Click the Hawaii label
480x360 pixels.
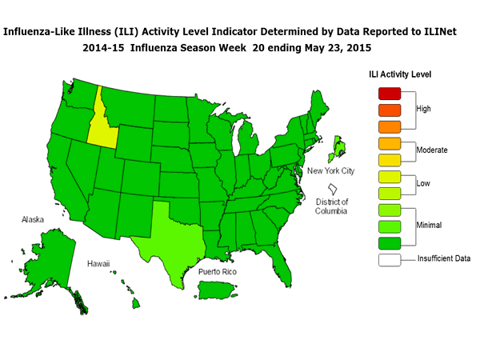[x=98, y=263]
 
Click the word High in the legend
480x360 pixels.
[x=425, y=108]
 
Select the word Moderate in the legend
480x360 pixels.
[x=432, y=150]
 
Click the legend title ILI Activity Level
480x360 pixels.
[x=399, y=74]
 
